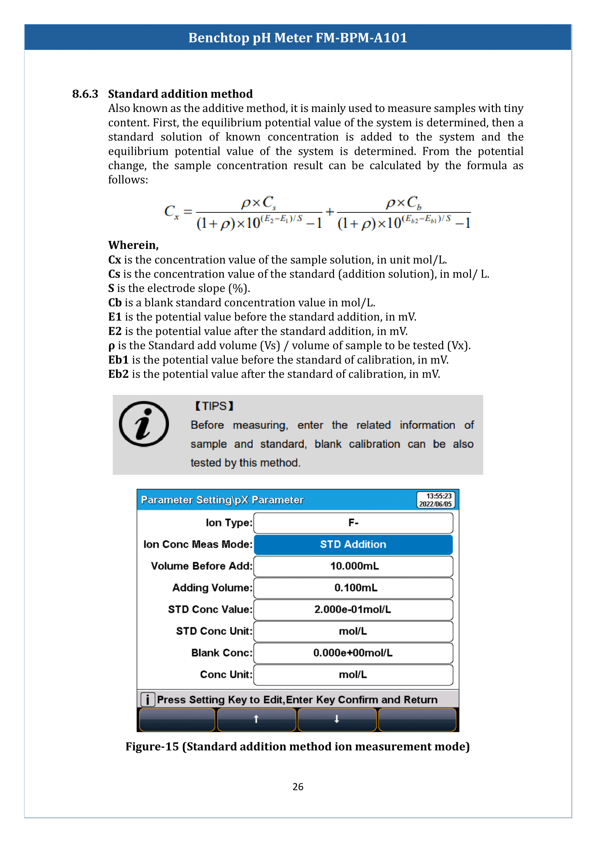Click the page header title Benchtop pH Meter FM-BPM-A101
click(298, 38)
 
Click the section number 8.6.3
click(85, 94)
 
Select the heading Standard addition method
click(180, 94)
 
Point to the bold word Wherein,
click(133, 245)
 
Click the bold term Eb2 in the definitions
click(118, 374)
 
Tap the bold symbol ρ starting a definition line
click(112, 346)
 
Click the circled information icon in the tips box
click(144, 424)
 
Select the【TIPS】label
click(214, 406)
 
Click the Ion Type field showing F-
click(353, 523)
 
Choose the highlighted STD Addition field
click(353, 544)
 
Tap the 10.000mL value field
click(353, 566)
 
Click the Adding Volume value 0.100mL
click(353, 587)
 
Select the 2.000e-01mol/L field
click(353, 609)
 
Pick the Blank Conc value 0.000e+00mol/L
click(353, 652)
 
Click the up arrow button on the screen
click(257, 719)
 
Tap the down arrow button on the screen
click(337, 719)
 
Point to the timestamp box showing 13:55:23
click(436, 500)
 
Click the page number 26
click(298, 787)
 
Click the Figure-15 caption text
click(298, 746)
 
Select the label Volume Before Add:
click(201, 566)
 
